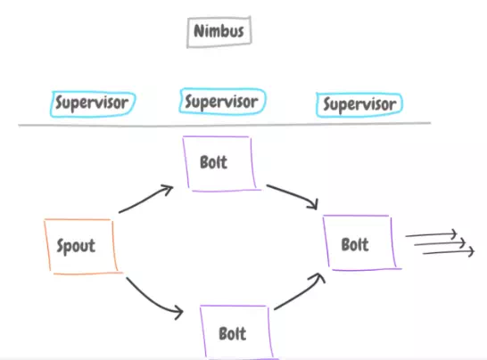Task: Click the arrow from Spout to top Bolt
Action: [145, 200]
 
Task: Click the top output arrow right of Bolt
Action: [431, 234]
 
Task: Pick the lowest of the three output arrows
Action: [449, 252]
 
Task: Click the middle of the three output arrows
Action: [440, 243]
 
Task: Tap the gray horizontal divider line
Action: [224, 125]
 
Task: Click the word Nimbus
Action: [219, 31]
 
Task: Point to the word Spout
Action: [76, 246]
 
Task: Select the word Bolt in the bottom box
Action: [233, 333]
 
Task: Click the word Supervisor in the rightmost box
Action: [360, 104]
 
